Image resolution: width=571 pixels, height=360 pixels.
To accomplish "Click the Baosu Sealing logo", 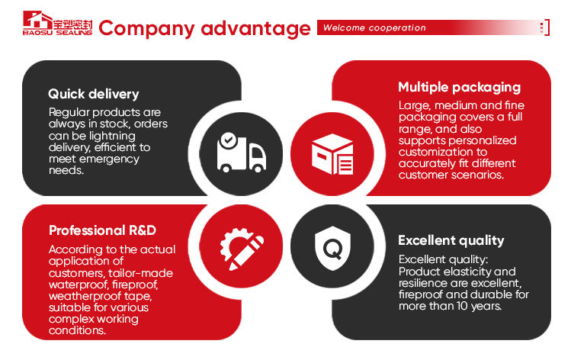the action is point(57,28).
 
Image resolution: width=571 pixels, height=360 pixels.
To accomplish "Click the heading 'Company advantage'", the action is point(204,29).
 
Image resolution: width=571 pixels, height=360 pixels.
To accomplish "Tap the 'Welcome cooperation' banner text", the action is point(374,28).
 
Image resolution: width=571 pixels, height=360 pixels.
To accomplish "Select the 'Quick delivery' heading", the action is point(93,95).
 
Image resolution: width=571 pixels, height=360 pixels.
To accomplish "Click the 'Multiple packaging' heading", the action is point(459,87).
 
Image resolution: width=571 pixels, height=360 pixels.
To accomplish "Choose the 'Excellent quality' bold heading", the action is point(451,240).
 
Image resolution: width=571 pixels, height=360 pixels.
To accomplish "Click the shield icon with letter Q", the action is point(332,246).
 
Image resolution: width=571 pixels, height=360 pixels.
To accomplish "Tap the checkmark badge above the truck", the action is point(227,140).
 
